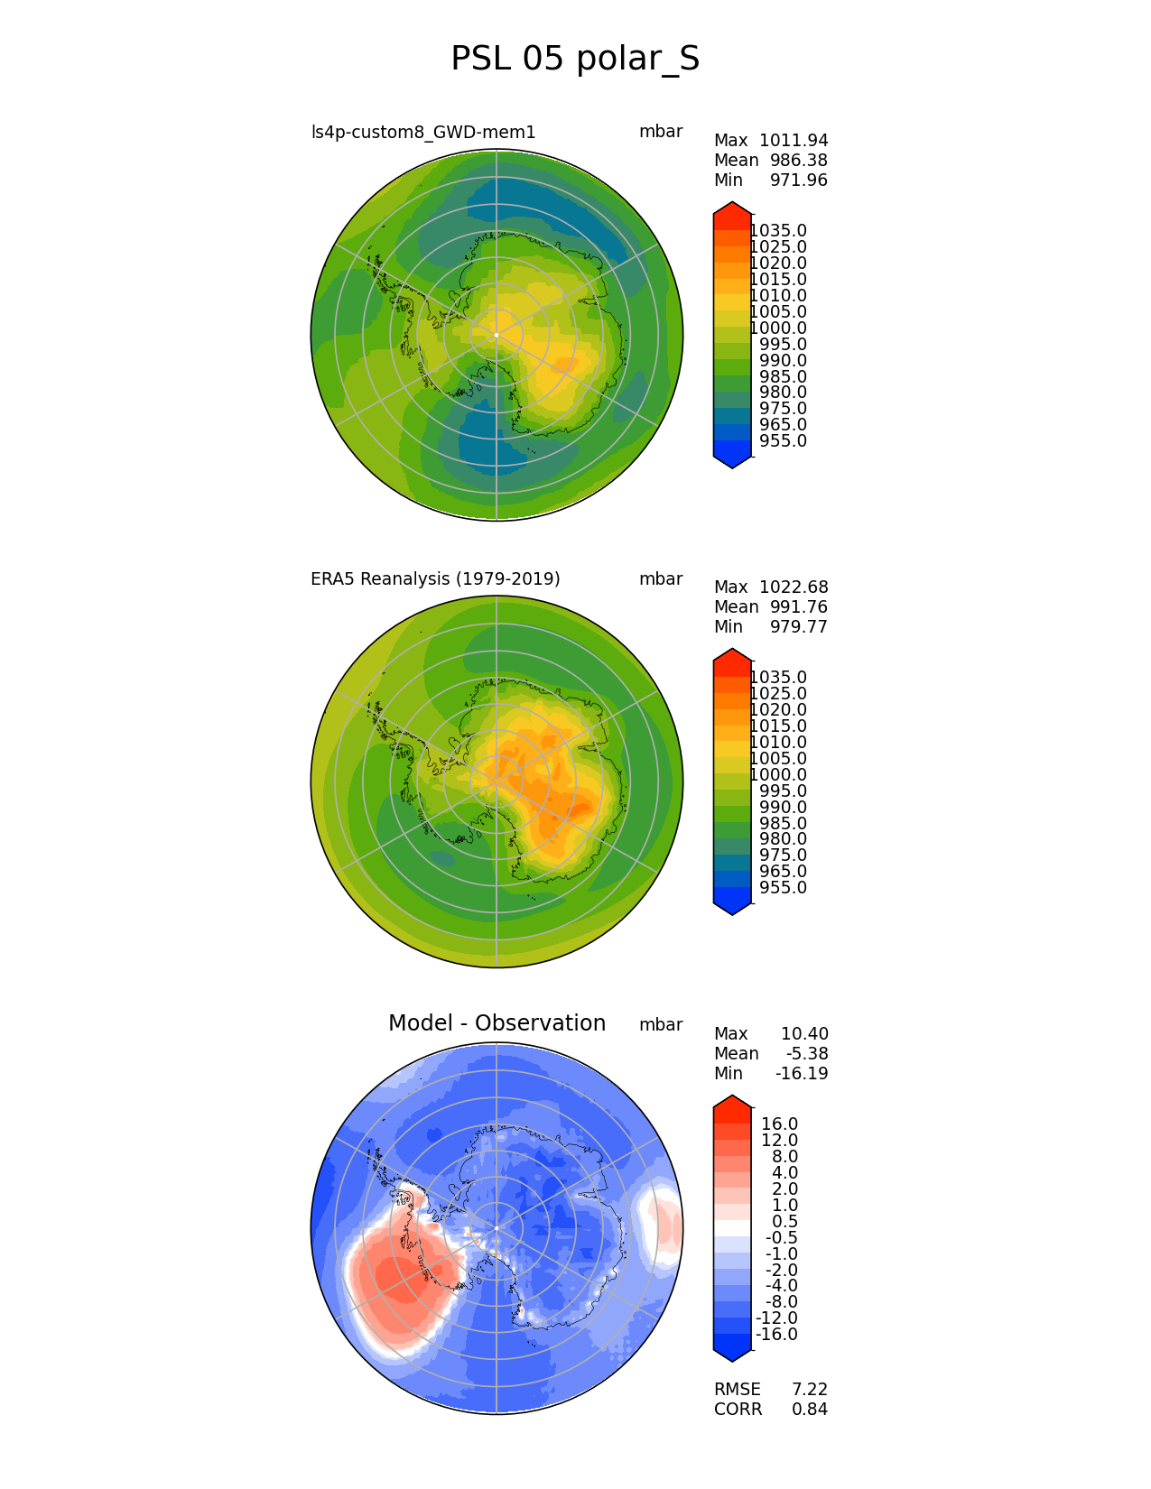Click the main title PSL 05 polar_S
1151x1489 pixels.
point(575,59)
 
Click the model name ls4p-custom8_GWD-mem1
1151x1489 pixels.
point(423,133)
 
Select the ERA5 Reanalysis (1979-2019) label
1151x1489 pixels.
point(435,579)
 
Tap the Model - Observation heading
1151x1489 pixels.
point(497,1023)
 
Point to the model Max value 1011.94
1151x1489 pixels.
point(794,141)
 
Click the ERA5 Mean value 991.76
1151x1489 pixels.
point(798,607)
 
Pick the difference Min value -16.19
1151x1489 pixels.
point(802,1074)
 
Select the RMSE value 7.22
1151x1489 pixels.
point(810,1390)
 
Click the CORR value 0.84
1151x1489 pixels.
point(810,1410)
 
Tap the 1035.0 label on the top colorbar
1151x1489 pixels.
point(778,231)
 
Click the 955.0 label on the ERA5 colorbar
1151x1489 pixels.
point(783,888)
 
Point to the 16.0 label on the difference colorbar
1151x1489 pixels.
point(780,1124)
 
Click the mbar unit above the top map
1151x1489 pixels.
point(661,132)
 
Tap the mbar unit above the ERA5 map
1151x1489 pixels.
point(661,579)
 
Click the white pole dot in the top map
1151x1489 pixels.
point(497,335)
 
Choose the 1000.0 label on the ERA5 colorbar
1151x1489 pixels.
point(778,775)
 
